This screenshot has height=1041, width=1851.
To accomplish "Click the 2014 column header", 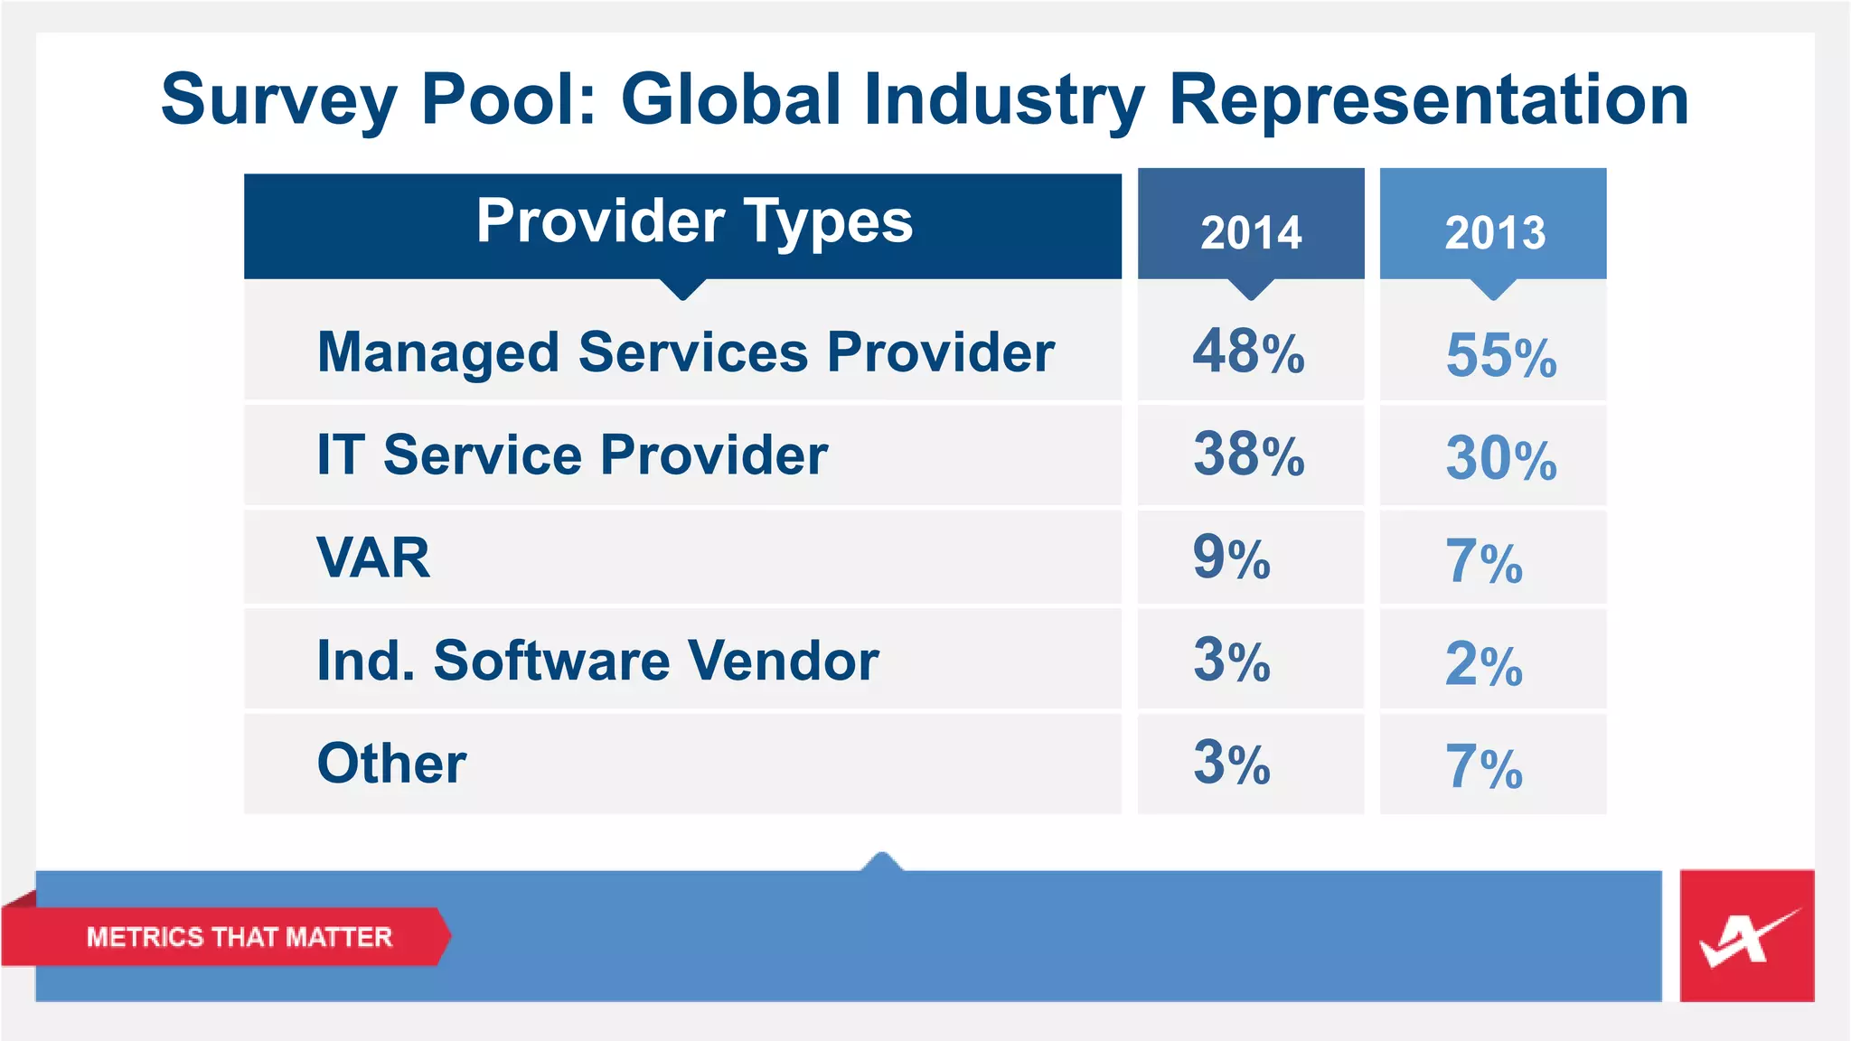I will point(1251,232).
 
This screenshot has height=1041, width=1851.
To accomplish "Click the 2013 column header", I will point(1494,232).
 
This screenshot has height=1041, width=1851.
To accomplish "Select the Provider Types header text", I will point(694,221).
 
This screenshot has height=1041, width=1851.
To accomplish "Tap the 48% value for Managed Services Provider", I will point(1248,352).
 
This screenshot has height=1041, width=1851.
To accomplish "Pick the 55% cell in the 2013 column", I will point(1500,355).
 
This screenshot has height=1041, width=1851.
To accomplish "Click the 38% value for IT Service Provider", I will point(1248,455).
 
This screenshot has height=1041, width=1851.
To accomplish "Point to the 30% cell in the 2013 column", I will point(1500,458).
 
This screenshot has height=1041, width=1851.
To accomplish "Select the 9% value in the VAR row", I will point(1231,558).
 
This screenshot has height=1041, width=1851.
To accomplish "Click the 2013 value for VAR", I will point(1483,561).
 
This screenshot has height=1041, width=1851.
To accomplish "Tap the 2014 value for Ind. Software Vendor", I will point(1231,661).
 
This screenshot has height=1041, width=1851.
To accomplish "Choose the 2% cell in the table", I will point(1483,664).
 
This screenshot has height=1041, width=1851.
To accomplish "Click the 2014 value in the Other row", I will point(1231,764).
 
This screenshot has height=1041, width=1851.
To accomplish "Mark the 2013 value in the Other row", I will point(1483,767).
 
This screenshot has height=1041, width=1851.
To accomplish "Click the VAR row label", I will point(373,558).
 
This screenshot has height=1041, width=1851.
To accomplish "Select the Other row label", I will point(391,764).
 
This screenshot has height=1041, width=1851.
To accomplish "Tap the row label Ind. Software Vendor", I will point(597,661).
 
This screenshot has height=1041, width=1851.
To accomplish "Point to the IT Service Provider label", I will point(571,455).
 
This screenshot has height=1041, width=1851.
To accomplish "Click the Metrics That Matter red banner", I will point(239,937).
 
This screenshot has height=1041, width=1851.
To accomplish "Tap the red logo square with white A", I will point(1746,936).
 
